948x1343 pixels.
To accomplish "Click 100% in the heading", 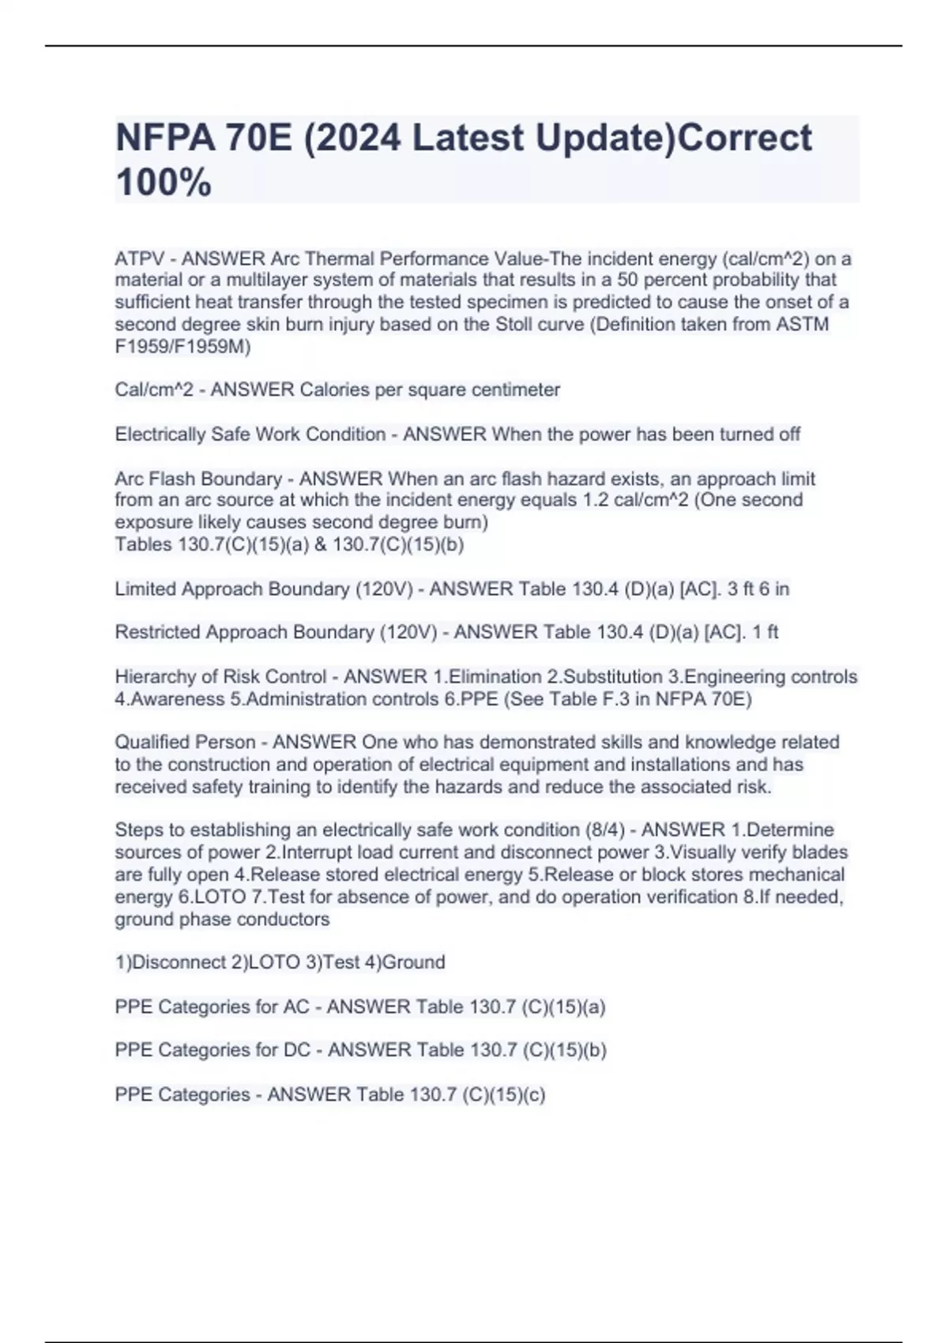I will (x=164, y=182).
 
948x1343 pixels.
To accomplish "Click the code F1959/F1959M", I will (x=182, y=346).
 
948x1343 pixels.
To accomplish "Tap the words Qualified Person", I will (x=185, y=743).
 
